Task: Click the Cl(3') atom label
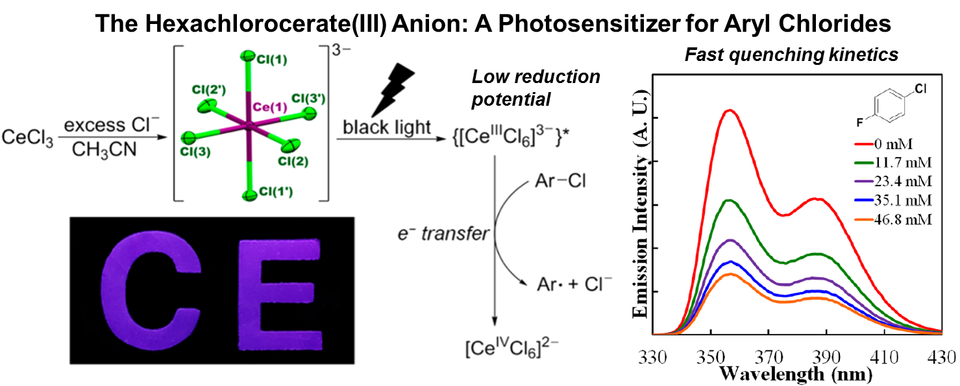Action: tap(308, 99)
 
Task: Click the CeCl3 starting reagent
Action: tap(28, 138)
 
